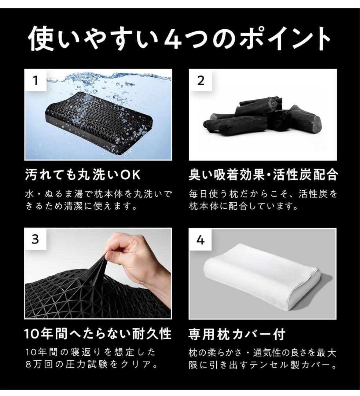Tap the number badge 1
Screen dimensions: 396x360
pos(35,80)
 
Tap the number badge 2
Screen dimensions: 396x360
pos(200,80)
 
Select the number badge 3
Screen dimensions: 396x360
pos(35,239)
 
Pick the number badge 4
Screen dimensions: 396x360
pos(200,240)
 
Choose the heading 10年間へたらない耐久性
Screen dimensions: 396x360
pos(98,334)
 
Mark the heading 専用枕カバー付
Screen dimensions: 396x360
pos(237,334)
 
